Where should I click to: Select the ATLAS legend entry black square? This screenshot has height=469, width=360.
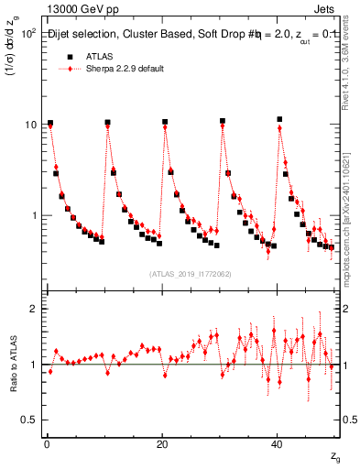[x=67, y=56]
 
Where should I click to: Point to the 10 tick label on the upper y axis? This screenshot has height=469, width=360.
[x=29, y=124]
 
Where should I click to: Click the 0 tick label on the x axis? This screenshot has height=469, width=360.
[x=46, y=443]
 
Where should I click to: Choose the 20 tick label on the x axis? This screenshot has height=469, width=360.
[x=162, y=443]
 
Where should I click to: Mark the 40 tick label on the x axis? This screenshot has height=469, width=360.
[x=278, y=443]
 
